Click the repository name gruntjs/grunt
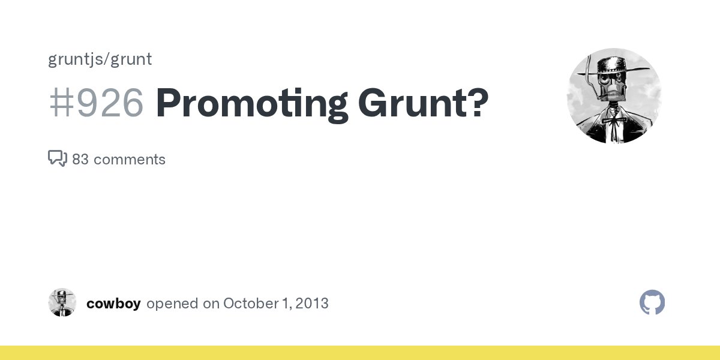tap(100, 59)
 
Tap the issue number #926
tap(96, 103)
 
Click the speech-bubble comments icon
tap(57, 159)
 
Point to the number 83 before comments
tap(80, 160)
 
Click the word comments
tap(130, 160)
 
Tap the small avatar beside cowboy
tap(62, 302)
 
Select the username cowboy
tap(113, 304)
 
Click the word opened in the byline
tap(172, 304)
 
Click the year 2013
tap(312, 304)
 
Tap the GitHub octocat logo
tap(652, 303)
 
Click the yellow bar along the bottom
tap(360, 353)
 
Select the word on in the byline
tap(211, 304)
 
